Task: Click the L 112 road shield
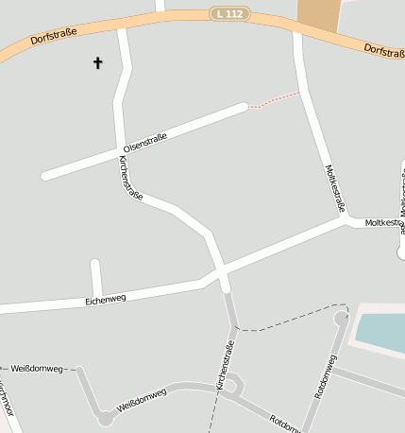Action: tap(229, 14)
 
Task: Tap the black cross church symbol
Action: tap(97, 63)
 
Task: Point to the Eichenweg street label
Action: tap(106, 300)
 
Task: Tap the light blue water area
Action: tap(381, 330)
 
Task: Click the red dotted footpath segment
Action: tap(275, 100)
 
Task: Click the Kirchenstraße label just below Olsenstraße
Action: tap(130, 178)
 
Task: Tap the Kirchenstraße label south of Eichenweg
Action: tap(226, 366)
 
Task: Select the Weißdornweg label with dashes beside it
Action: tap(35, 368)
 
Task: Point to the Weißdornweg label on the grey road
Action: tap(142, 399)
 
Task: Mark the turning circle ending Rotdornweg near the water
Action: tap(341, 319)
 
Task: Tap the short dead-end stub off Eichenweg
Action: tap(95, 276)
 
